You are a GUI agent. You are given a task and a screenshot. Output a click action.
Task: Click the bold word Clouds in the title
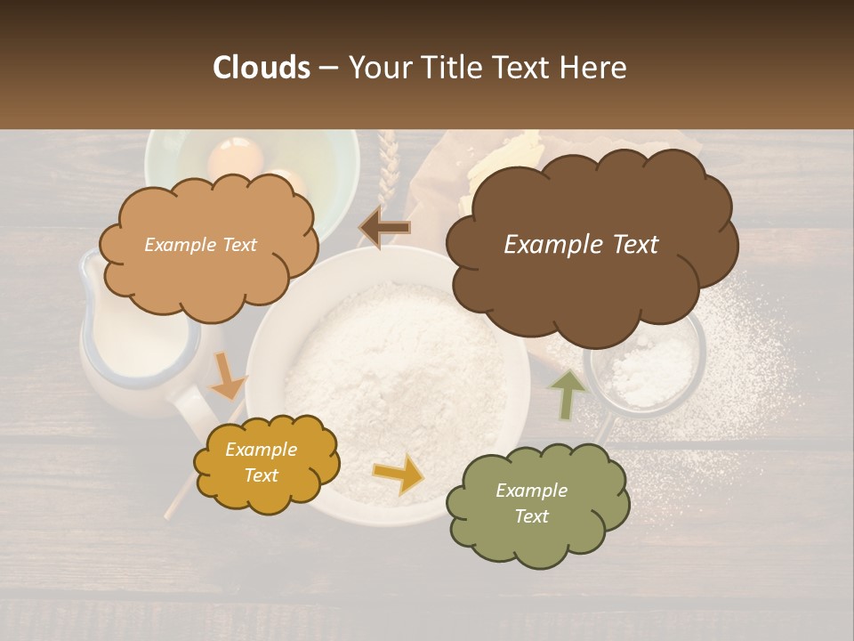[x=261, y=68]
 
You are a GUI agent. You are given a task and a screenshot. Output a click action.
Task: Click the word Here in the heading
[x=595, y=68]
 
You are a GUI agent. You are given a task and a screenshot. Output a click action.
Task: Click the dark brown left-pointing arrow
[x=385, y=229]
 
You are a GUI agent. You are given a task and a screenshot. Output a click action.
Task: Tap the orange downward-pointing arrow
[x=228, y=377]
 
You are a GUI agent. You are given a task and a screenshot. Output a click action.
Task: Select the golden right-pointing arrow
[x=399, y=474]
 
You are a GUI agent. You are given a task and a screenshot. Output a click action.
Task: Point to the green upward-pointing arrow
[x=568, y=393]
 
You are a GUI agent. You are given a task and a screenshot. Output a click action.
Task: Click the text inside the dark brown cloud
[x=581, y=245]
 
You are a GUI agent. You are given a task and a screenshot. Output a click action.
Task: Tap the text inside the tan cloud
[x=200, y=245]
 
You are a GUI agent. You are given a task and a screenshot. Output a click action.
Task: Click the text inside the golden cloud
[x=262, y=463]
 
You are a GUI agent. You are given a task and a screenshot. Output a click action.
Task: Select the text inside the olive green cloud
[x=531, y=503]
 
